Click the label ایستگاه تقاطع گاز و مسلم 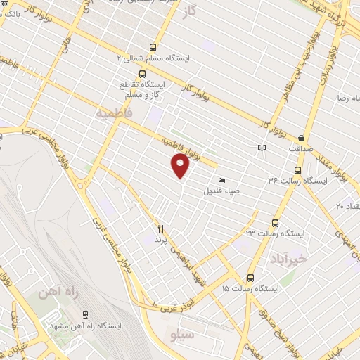click(x=143, y=88)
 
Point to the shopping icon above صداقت click(x=302, y=138)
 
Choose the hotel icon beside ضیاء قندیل click(x=222, y=179)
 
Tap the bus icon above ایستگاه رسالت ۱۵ click(x=251, y=278)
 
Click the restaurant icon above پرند click(x=160, y=229)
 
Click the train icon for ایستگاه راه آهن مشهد click(x=85, y=315)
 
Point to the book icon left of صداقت click(x=262, y=148)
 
